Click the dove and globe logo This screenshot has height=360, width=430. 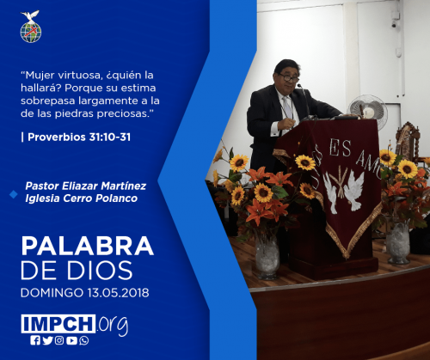pos(31,27)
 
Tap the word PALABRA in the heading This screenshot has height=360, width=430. pos(88,246)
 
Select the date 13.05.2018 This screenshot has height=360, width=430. pos(118,293)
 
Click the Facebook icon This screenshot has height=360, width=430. pos(35,340)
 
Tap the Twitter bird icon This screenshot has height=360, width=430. pos(47,340)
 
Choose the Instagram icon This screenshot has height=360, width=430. pos(59,340)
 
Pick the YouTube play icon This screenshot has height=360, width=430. pos(71,340)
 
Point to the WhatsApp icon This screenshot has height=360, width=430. pos(84,340)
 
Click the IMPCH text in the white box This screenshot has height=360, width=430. pos(58,324)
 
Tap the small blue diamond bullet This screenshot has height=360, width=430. pos(14,194)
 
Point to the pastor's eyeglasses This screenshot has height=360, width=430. pos(289,77)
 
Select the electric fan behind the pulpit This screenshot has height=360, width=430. pos(367,110)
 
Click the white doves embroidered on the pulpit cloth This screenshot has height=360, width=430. pos(344,191)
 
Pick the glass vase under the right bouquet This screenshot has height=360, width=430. pos(398,243)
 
